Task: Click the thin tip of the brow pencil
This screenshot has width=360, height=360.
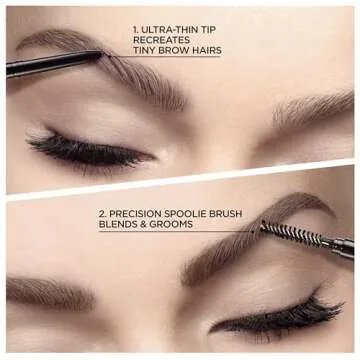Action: pos(101,56)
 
